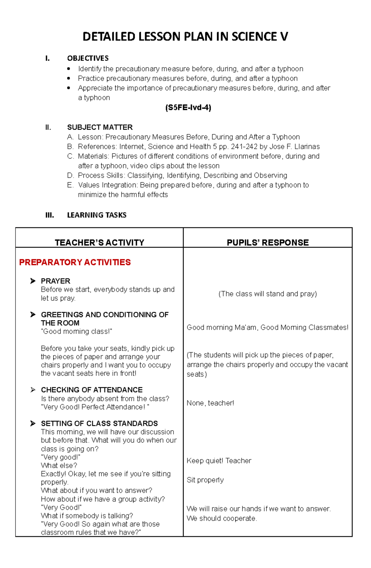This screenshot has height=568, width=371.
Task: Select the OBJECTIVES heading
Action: [x=88, y=58]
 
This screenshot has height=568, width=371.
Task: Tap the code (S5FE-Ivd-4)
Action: [x=188, y=108]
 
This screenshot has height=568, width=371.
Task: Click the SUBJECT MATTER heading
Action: [x=100, y=127]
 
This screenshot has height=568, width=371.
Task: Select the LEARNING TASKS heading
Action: [x=97, y=215]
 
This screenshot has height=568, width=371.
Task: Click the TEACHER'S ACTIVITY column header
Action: [x=99, y=242]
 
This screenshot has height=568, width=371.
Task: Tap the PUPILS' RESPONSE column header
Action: [x=267, y=242]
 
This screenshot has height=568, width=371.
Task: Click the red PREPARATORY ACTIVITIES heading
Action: [x=75, y=262]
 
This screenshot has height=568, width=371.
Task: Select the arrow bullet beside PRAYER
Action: [x=33, y=281]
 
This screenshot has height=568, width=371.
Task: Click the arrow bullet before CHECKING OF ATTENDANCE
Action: [x=33, y=390]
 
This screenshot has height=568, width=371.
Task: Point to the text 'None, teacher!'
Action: [x=210, y=403]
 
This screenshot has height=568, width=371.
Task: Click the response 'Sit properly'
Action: [x=205, y=480]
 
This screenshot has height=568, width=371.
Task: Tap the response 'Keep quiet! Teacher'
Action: [x=219, y=461]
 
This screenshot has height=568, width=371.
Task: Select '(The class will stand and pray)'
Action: [x=267, y=294]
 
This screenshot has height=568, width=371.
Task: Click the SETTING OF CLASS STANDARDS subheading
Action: [x=99, y=423]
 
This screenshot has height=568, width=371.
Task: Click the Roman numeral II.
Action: [x=48, y=127]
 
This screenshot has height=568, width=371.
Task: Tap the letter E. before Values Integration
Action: [x=70, y=185]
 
